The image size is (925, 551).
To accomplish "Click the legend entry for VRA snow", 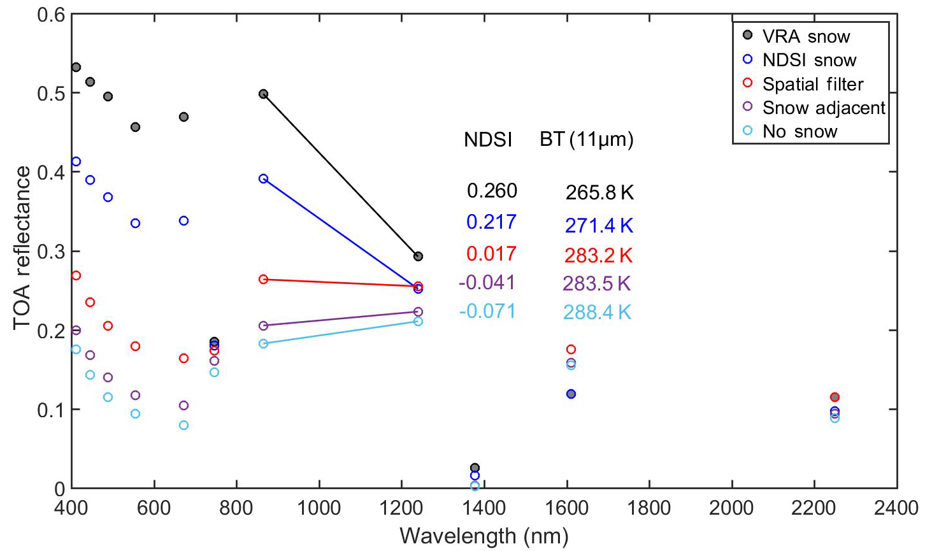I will click(806, 36).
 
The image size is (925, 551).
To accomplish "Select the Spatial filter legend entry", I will click(813, 84).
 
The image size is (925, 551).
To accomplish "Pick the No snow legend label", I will click(800, 131).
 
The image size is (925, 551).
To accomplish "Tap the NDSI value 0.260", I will click(492, 190).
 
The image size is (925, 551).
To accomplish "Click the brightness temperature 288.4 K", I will click(597, 313).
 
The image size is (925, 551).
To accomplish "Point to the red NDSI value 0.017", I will click(491, 254).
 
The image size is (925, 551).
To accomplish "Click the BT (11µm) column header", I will click(586, 140).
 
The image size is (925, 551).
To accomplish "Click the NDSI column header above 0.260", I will click(488, 140).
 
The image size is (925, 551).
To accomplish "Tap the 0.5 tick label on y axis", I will click(52, 93).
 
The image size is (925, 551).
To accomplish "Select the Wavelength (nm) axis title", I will click(484, 536).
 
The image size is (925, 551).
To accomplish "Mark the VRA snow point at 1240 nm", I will click(418, 256).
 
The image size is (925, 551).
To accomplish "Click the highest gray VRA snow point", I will click(76, 67).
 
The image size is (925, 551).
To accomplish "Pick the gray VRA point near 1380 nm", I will click(475, 468).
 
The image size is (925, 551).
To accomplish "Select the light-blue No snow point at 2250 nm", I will click(835, 418).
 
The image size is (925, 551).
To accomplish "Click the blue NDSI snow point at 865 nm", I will click(263, 178).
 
